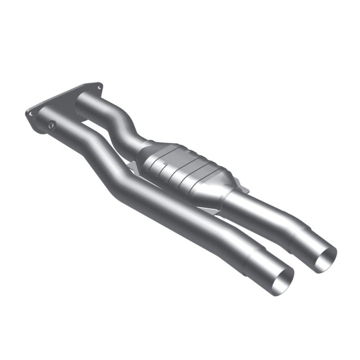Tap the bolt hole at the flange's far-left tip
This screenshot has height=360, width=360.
tap(29, 114)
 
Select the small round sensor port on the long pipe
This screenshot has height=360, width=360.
tap(52, 125)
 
